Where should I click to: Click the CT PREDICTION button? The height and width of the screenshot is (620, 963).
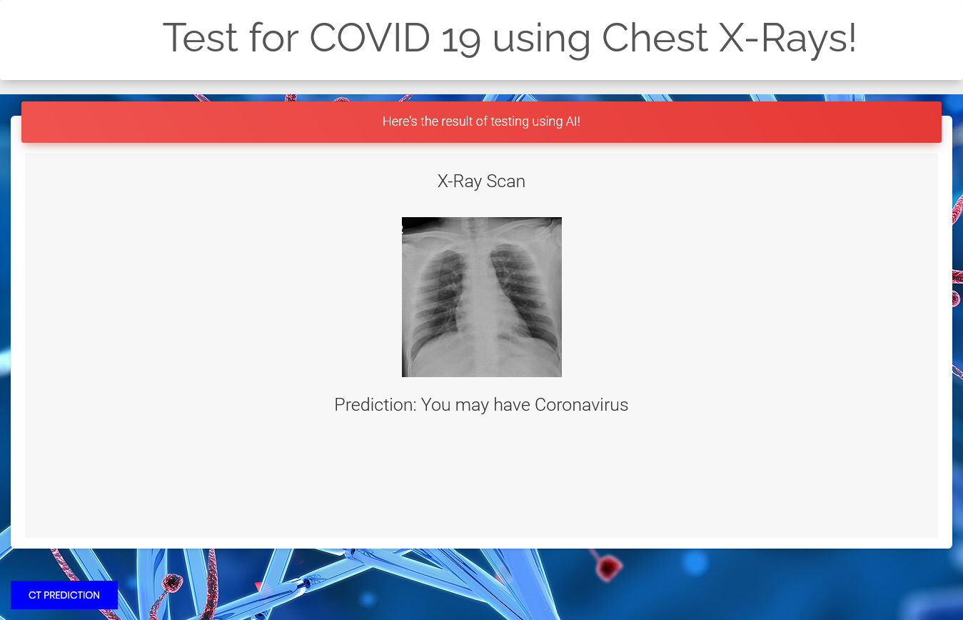64,594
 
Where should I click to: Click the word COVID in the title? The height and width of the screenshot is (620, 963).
370,38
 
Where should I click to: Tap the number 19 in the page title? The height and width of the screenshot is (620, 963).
461,40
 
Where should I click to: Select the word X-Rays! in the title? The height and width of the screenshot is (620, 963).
787,39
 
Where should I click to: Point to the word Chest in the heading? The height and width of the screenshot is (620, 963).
655,38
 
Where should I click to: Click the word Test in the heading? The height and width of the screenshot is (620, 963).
201,38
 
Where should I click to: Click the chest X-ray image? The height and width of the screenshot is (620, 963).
481,297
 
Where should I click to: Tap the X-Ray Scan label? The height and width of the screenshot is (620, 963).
481,181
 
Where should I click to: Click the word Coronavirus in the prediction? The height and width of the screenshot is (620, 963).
581,404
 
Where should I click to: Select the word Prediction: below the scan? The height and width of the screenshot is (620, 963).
375,404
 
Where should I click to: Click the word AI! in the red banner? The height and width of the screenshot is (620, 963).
573,121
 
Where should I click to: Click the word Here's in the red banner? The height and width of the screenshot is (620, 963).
400,121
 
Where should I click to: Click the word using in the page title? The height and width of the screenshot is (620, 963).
541,40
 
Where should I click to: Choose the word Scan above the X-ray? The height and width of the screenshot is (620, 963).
505,181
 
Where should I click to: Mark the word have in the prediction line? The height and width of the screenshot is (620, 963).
512,404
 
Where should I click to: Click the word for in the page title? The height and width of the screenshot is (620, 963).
274,38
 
